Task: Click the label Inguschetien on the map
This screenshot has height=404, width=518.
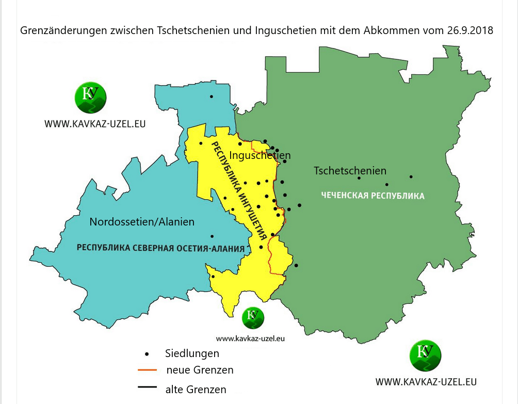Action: click(x=260, y=155)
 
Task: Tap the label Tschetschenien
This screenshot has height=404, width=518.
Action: click(x=350, y=171)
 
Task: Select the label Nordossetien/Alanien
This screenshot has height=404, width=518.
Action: click(x=142, y=222)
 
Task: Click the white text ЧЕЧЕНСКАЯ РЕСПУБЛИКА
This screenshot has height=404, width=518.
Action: click(x=373, y=196)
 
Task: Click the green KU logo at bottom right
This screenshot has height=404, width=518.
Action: click(x=426, y=355)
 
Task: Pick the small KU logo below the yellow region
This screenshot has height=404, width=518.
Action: click(x=252, y=317)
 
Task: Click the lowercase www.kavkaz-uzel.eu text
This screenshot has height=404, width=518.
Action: click(x=250, y=339)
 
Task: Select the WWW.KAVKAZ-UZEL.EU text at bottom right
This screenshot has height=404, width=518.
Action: click(x=426, y=382)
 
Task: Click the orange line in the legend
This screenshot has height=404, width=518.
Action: click(x=148, y=370)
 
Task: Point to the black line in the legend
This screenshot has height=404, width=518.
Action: click(x=148, y=387)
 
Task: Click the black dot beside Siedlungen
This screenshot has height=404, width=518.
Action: click(x=147, y=354)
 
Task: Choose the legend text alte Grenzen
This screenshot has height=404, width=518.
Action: click(x=196, y=390)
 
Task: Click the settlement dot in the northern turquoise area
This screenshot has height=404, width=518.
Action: click(x=211, y=96)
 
